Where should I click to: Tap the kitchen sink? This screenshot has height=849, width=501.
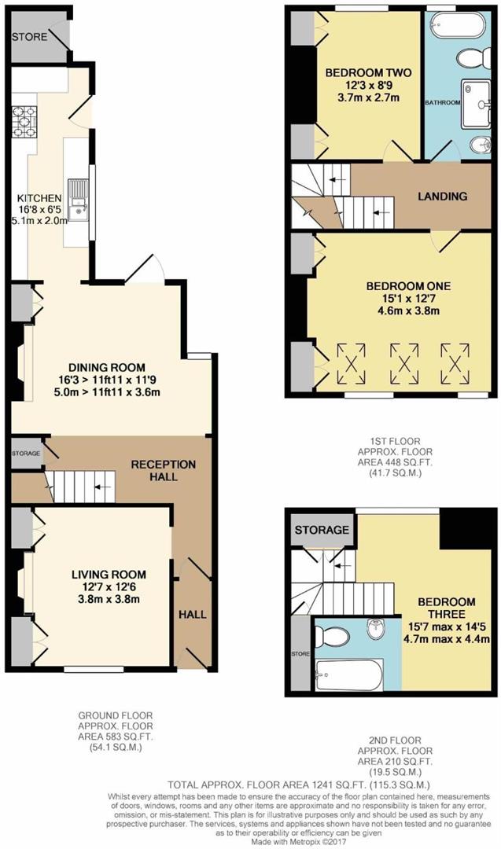pyautogui.click(x=79, y=197)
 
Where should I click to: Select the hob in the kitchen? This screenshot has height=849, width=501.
pyautogui.click(x=20, y=119)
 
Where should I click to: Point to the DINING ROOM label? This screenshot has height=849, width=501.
pyautogui.click(x=107, y=366)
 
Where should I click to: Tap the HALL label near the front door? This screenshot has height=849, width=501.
pyautogui.click(x=192, y=613)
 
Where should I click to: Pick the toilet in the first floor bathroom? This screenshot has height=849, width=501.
pyautogui.click(x=475, y=57)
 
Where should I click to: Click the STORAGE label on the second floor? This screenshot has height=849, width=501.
pyautogui.click(x=322, y=531)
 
